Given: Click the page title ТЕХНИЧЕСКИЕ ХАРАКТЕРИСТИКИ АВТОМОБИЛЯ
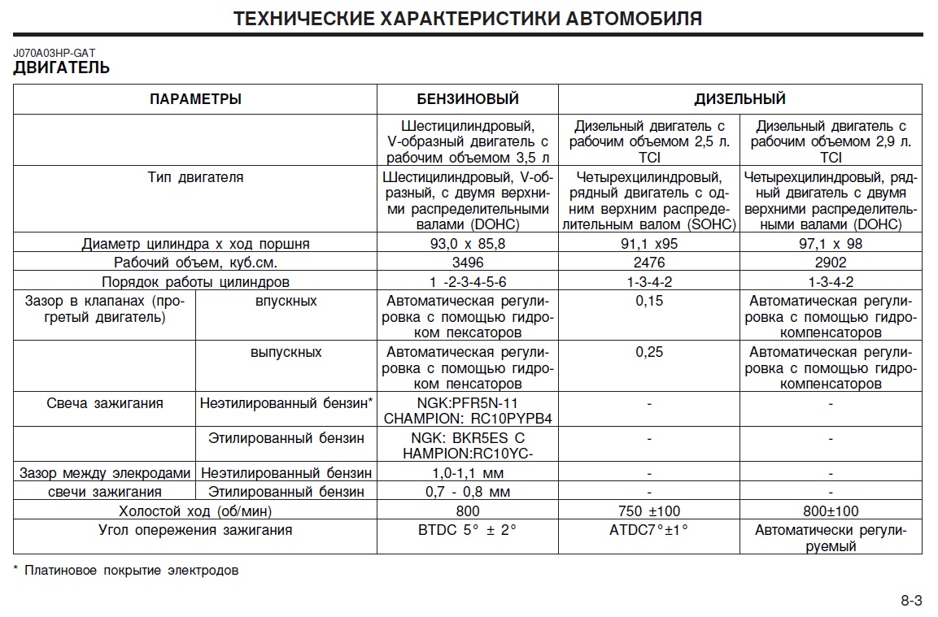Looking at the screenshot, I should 468,19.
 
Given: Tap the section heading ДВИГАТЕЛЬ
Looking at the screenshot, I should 62,68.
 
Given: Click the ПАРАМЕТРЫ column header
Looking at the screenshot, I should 195,99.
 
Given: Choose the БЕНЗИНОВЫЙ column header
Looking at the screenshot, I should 468,99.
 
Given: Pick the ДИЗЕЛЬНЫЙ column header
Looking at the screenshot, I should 739,99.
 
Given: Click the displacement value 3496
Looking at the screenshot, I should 468,263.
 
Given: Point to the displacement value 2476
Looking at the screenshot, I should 649,263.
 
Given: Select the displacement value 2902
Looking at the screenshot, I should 831,263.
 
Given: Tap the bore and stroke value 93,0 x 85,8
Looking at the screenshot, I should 468,244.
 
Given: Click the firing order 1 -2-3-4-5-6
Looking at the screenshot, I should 468,282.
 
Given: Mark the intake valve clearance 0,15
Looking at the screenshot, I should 649,302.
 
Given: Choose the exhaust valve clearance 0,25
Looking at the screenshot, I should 649,353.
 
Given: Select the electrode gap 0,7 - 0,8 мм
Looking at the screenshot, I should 468,492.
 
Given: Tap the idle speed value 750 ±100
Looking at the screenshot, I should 649,511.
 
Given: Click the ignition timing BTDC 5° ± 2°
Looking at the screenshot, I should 468,531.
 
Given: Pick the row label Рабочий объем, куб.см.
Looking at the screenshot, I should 195,263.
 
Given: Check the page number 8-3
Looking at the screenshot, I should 911,601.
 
